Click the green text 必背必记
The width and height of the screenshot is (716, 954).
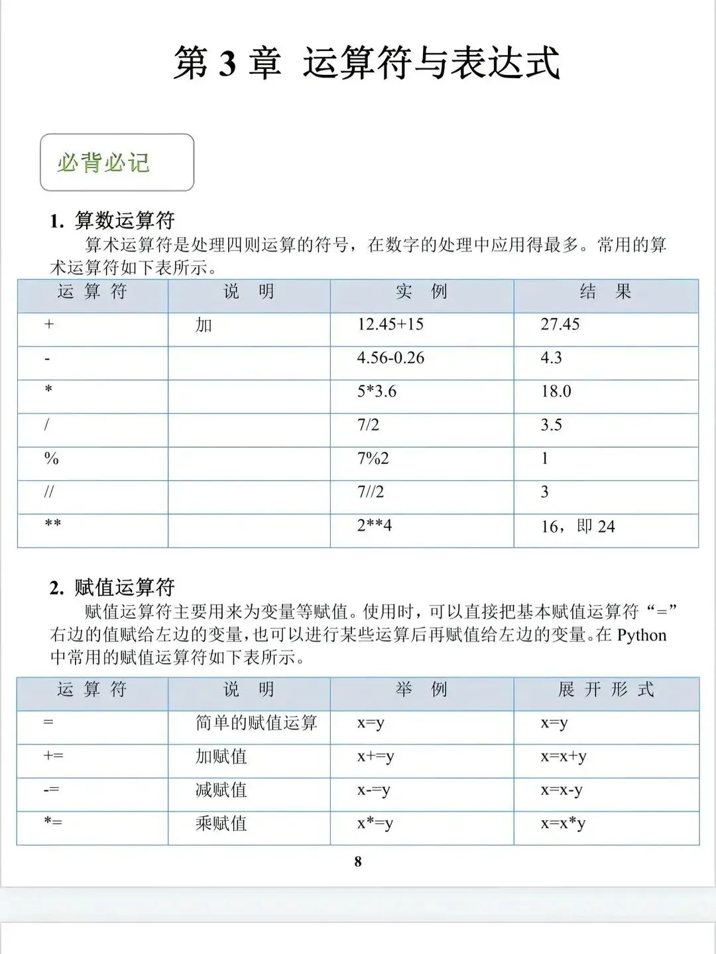click(103, 163)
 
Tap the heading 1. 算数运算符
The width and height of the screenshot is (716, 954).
click(112, 221)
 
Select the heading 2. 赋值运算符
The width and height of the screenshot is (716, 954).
click(112, 587)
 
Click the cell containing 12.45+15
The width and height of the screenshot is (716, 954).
click(390, 325)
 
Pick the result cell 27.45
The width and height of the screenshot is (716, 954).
click(560, 325)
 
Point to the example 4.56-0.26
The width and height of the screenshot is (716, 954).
click(390, 358)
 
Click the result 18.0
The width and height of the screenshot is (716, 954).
click(556, 392)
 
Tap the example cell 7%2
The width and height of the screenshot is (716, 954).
click(373, 458)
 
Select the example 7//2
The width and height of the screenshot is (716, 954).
click(370, 492)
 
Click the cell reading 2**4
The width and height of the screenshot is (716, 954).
click(374, 526)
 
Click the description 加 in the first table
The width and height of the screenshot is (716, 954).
click(204, 325)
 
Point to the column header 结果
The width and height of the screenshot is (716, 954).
click(605, 291)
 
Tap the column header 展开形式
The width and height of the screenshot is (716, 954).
click(606, 690)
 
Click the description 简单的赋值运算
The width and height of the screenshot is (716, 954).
click(257, 723)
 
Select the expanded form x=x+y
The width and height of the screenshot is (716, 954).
click(564, 757)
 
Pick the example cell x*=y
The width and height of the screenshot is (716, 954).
click(375, 823)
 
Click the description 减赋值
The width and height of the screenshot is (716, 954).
click(221, 790)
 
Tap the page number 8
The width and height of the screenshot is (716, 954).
click(358, 861)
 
